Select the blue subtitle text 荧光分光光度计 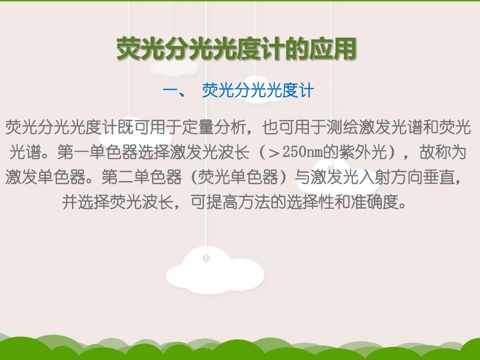(258, 91)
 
